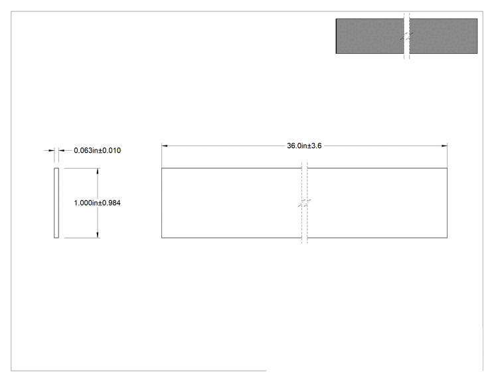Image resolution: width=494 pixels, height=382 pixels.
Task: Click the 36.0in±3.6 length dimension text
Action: tap(304, 145)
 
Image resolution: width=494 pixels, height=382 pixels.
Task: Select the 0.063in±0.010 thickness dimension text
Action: tap(98, 150)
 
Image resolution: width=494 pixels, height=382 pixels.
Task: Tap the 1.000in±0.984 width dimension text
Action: tap(97, 203)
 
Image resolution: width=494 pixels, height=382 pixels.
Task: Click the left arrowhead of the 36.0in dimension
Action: tap(165, 145)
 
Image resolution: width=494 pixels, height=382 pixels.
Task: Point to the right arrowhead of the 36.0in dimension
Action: tap(444, 145)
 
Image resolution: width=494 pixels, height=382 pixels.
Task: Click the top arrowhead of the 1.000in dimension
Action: tap(98, 171)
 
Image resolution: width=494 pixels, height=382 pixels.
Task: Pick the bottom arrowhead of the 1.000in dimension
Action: tap(98, 235)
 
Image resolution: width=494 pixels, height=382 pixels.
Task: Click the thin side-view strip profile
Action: tap(56, 203)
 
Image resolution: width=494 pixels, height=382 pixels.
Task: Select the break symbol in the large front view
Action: tap(304, 203)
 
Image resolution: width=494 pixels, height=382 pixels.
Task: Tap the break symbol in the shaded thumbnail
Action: tap(407, 36)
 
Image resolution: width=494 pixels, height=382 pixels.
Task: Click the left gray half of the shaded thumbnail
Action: tap(370, 36)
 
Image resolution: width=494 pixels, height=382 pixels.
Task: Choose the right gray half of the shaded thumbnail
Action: tap(444, 36)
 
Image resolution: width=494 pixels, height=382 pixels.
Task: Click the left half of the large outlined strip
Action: tap(232, 203)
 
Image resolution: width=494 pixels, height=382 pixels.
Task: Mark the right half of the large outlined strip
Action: tap(377, 203)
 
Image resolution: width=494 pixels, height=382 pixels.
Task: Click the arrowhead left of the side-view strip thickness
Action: tap(51, 150)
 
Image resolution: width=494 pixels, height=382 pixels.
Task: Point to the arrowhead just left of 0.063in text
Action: tap(62, 150)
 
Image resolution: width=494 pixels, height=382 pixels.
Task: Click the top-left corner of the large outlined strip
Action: tap(161, 168)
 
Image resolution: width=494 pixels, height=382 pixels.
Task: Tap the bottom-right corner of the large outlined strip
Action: tap(447, 238)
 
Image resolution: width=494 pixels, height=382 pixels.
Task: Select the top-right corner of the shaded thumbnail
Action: tap(477, 19)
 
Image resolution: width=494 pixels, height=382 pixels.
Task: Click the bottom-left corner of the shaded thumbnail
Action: tap(336, 53)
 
